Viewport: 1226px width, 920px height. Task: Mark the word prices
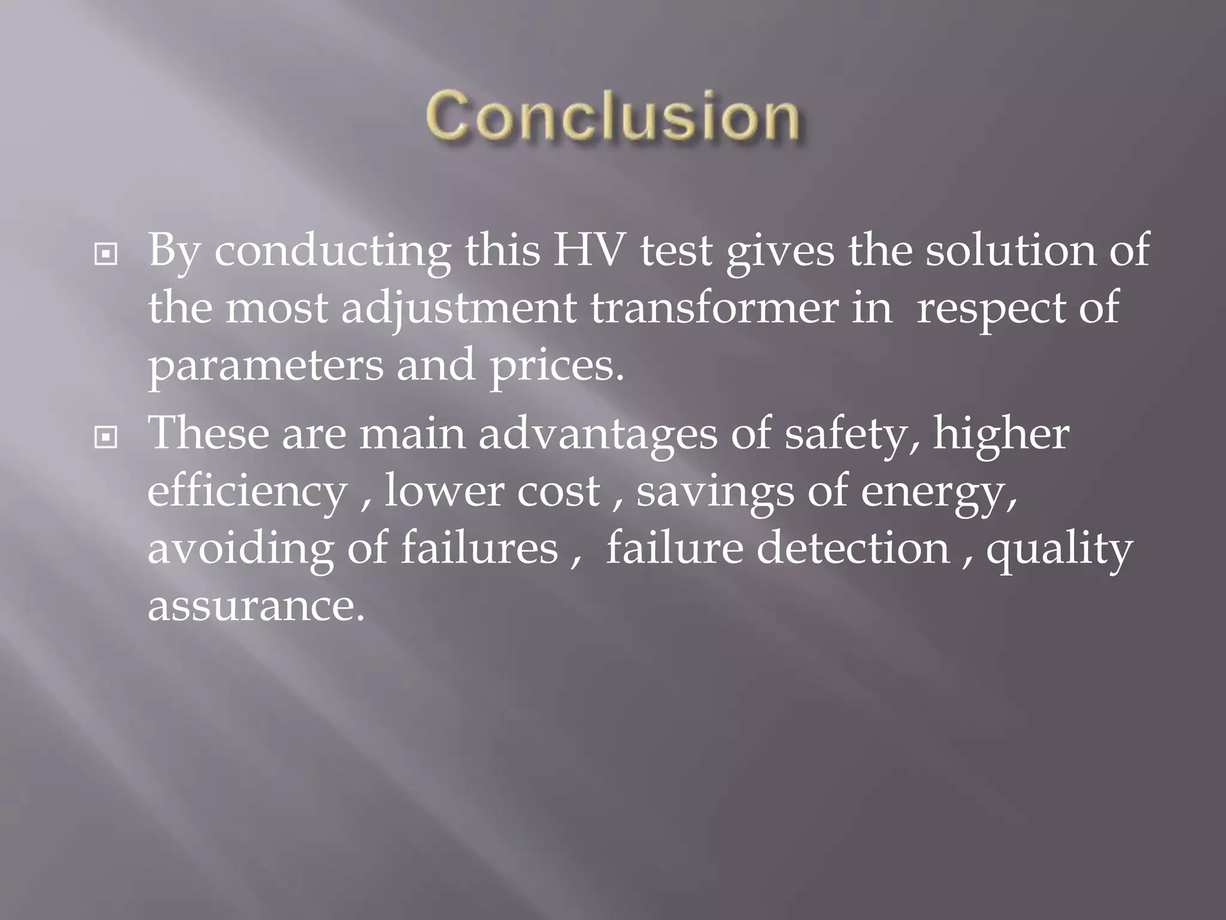pyautogui.click(x=557, y=367)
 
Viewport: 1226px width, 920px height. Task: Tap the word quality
pyautogui.click(x=1060, y=550)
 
